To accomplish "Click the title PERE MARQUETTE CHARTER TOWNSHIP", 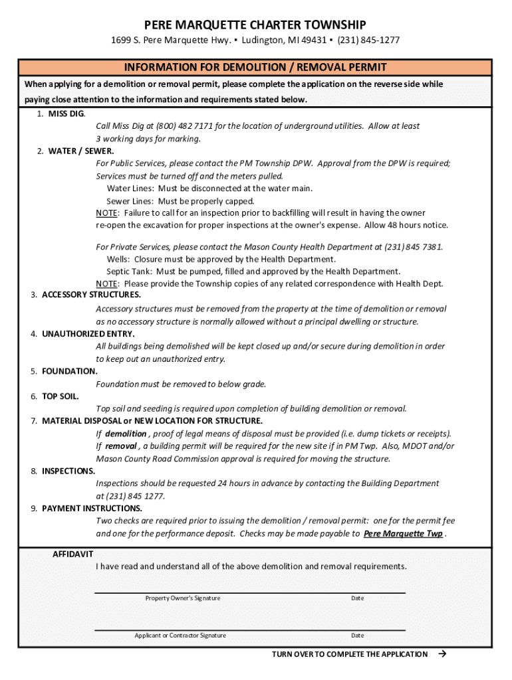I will (x=255, y=25).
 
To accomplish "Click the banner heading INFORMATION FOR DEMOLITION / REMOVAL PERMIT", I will (x=255, y=68).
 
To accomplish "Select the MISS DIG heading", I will (x=66, y=114).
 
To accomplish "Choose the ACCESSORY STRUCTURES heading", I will (x=91, y=294).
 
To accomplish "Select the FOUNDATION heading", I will (x=69, y=371).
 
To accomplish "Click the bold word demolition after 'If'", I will (x=125, y=434).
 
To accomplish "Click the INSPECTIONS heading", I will (x=68, y=471).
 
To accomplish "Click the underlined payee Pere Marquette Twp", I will (x=404, y=534).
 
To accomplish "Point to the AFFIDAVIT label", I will (x=73, y=554).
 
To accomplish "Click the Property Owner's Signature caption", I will (x=183, y=598).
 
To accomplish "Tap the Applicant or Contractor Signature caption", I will (x=180, y=636).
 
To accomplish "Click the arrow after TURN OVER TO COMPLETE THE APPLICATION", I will (x=442, y=654).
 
